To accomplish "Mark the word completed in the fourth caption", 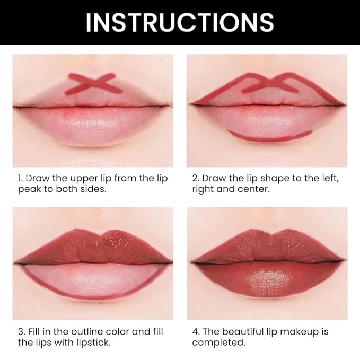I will click(x=218, y=343).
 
